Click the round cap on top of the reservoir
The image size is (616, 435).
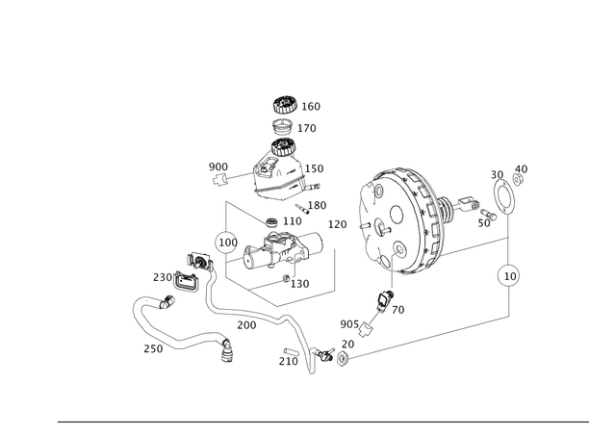285,106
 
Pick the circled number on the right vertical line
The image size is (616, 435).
506,276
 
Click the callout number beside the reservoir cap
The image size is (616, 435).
314,104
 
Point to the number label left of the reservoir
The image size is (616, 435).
218,166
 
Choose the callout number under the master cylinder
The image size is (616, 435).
298,283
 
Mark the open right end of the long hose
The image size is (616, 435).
228,353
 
